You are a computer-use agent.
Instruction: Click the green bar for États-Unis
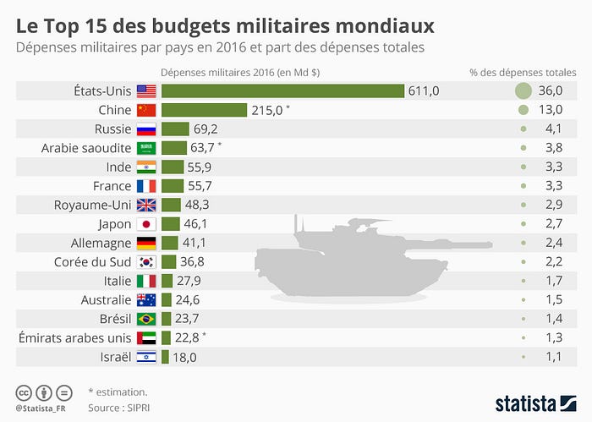coord(282,91)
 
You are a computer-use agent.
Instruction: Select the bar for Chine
coord(204,110)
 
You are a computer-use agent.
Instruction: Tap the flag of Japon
coord(146,224)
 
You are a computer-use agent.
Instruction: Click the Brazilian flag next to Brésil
coord(146,319)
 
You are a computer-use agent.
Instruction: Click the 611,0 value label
coord(425,91)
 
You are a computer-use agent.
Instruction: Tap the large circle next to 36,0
coord(523,91)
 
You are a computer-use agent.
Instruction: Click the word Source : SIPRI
coord(116,407)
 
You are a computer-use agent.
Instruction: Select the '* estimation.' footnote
coord(118,392)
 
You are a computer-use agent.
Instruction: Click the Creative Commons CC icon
coord(25,392)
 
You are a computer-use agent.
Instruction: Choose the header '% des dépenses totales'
coord(523,73)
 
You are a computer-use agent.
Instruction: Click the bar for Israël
coord(168,357)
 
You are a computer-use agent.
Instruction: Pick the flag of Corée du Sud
coord(146,262)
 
